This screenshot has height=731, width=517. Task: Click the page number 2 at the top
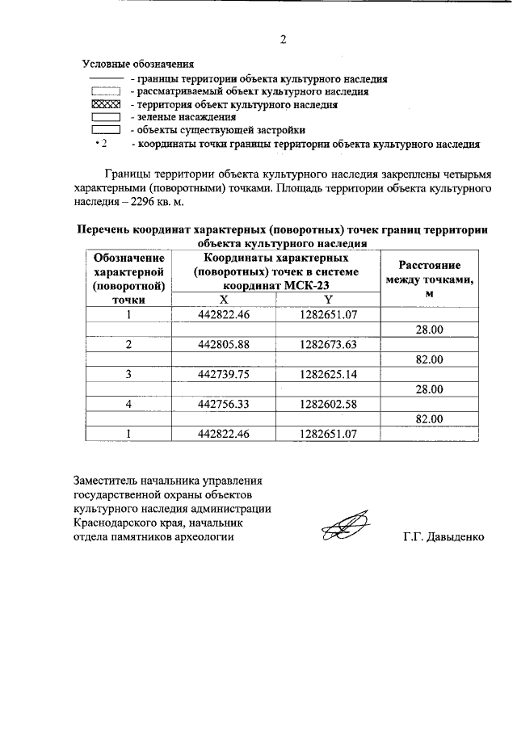click(283, 38)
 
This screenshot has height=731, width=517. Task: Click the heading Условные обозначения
click(138, 63)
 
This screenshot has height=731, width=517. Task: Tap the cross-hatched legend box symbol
click(105, 104)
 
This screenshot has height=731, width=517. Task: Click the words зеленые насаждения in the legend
click(179, 117)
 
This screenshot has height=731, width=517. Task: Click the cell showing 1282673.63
click(328, 345)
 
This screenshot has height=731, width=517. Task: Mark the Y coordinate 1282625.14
click(328, 374)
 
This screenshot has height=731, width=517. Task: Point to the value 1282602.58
click(328, 404)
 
